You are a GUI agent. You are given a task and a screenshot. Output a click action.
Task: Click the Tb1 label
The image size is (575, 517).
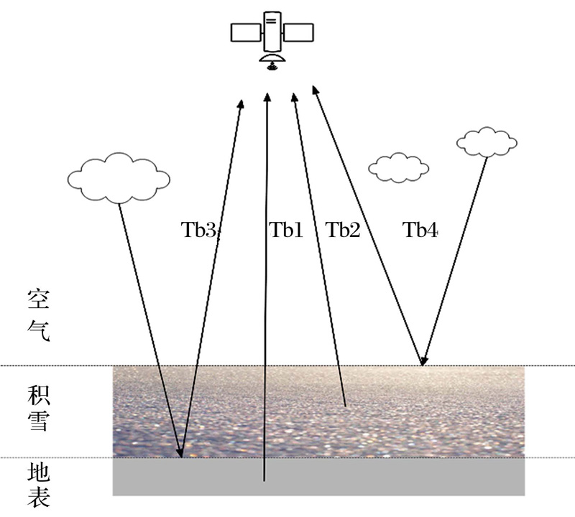(x=285, y=230)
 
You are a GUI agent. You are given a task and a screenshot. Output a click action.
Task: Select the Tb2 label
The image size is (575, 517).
(x=343, y=230)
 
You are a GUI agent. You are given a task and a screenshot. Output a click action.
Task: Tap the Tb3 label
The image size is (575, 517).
(x=200, y=230)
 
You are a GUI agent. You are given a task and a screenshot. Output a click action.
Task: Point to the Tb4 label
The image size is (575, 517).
(x=420, y=230)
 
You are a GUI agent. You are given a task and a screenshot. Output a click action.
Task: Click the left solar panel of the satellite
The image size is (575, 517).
(x=246, y=32)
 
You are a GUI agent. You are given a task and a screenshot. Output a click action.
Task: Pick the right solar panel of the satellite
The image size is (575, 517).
(x=298, y=32)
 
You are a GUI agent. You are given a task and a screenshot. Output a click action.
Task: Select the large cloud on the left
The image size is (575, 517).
(x=119, y=178)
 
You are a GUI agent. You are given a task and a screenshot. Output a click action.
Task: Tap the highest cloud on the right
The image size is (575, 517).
(x=487, y=142)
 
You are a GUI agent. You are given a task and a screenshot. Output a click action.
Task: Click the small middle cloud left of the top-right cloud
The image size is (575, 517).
(x=399, y=168)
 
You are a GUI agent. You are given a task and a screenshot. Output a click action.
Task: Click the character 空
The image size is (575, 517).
(x=39, y=299)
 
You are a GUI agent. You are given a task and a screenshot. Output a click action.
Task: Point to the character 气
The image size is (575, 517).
(x=39, y=331)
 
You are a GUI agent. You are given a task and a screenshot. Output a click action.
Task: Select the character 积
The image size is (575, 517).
(x=39, y=395)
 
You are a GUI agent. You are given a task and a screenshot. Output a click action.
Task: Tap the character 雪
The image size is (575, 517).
(x=39, y=421)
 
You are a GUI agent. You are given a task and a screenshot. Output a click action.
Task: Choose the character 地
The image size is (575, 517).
(x=39, y=472)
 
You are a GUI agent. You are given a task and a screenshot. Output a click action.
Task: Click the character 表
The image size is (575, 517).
(x=39, y=497)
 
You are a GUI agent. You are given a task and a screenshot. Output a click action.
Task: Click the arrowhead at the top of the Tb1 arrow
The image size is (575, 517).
(x=267, y=97)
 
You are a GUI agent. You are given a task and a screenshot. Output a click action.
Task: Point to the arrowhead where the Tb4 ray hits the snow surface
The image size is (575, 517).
(x=423, y=360)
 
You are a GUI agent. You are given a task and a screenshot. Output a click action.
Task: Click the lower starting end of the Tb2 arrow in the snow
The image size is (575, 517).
(x=346, y=406)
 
